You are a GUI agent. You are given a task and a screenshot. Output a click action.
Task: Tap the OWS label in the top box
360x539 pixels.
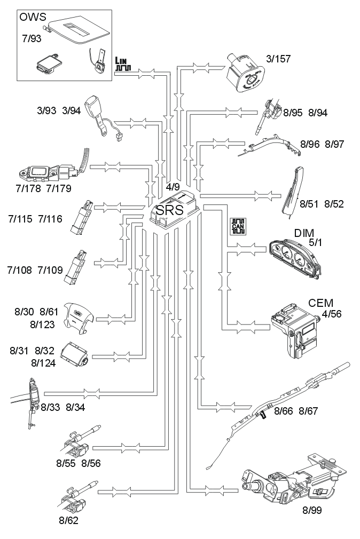click(32, 17)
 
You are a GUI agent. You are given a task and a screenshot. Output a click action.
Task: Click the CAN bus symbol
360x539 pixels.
click(237, 226)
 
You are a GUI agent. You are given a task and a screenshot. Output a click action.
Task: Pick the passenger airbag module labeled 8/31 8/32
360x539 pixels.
click(76, 353)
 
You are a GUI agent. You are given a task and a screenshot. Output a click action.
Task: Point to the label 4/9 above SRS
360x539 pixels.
click(173, 187)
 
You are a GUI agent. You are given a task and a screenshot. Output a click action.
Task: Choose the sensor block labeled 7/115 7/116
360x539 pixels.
click(83, 217)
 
